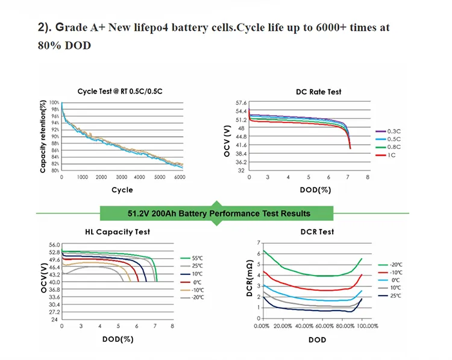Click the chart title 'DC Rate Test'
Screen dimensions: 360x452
coord(318,92)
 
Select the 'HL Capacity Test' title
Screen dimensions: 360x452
coord(118,232)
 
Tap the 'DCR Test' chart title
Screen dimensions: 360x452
coord(318,232)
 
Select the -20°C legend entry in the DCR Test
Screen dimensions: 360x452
coord(395,264)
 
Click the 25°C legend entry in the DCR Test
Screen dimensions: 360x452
coord(395,296)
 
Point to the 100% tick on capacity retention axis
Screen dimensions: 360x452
coord(54,103)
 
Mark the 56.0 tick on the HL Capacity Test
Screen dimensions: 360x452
coord(54,245)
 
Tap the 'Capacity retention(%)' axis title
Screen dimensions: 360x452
coord(43,137)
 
